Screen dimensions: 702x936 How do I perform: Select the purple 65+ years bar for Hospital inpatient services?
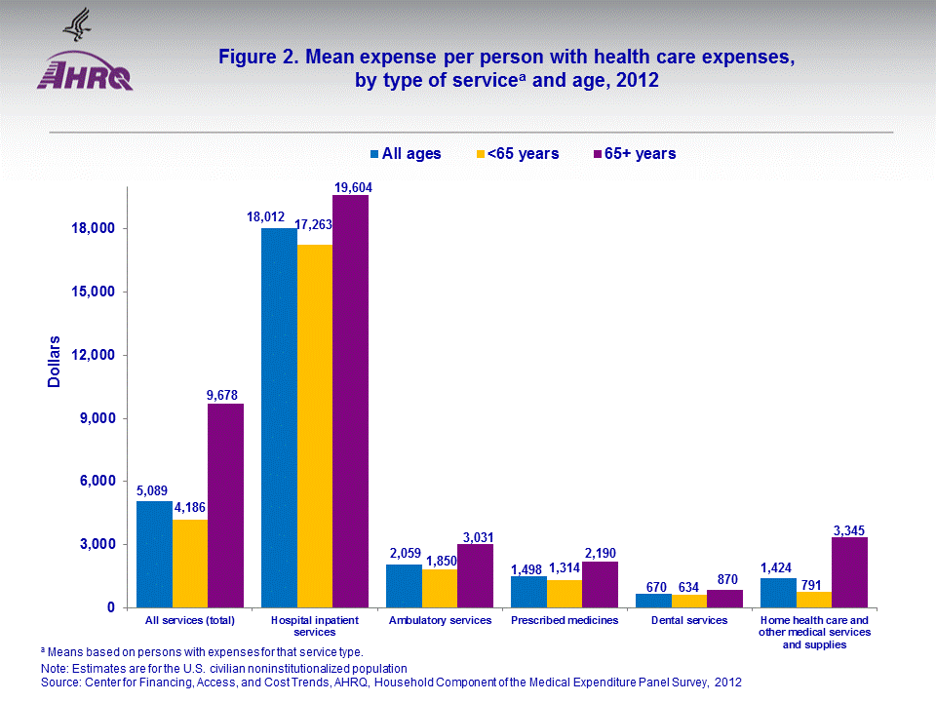click(x=350, y=400)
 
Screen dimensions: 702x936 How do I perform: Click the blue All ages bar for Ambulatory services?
click(x=404, y=586)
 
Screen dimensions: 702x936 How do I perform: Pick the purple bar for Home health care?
click(x=849, y=572)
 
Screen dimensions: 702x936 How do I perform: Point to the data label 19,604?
click(x=350, y=187)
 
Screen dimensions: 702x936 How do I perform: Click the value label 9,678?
click(x=225, y=395)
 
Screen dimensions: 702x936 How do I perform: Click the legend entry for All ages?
click(x=405, y=153)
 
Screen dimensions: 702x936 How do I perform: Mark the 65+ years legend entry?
click(x=634, y=153)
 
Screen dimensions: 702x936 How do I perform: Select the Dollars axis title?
click(x=55, y=362)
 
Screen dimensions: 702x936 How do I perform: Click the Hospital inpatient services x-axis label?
click(x=315, y=626)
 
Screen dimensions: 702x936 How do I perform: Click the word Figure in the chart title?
click(x=248, y=58)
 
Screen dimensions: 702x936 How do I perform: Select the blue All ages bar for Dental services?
click(x=653, y=601)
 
